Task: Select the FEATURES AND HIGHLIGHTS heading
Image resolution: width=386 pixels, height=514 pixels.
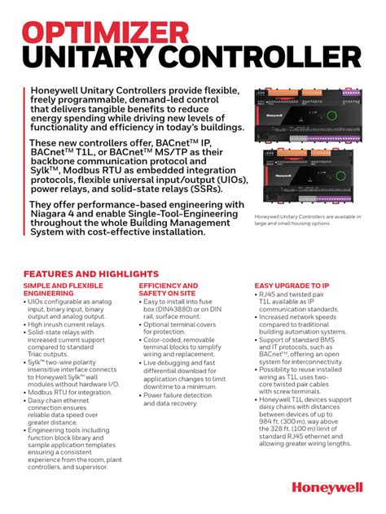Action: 90,274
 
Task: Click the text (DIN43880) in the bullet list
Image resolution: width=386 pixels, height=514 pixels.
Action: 176,309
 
